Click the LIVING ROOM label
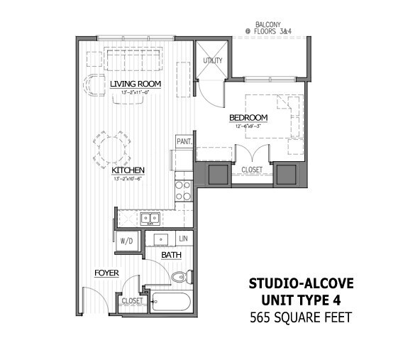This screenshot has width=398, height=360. pos(136,84)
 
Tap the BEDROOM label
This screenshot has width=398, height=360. pos(248,118)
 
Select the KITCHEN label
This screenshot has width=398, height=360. pos(128,170)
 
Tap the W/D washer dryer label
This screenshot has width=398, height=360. pos(127,241)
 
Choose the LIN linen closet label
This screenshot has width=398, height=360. pos(184,239)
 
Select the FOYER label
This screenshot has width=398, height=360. pos(106,273)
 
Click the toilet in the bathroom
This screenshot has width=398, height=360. pos(180,277)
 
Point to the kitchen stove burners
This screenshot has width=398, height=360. pos(183,190)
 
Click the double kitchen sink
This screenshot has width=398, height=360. pos(149,219)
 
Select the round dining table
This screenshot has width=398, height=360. pos(110,150)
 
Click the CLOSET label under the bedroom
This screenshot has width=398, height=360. pos(252,170)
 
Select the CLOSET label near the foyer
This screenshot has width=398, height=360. pos(133,300)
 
